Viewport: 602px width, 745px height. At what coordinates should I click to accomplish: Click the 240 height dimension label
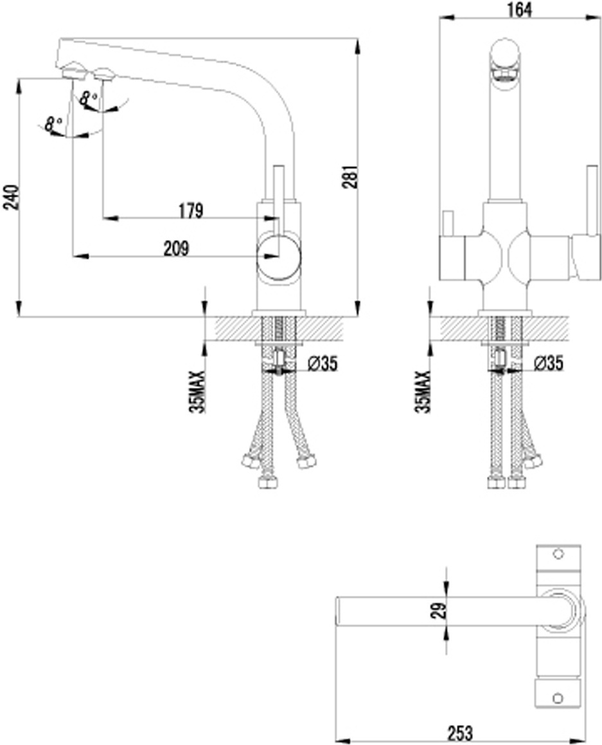tap(11, 197)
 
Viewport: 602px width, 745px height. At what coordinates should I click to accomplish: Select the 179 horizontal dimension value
tap(191, 210)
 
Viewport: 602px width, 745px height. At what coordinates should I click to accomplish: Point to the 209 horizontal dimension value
tap(176, 248)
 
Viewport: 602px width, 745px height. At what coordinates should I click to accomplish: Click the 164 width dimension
tap(519, 10)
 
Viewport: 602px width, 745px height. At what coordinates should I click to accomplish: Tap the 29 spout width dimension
tap(441, 610)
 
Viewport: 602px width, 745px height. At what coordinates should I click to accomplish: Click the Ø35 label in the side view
tap(322, 364)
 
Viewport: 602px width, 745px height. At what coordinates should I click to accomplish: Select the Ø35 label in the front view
tap(549, 363)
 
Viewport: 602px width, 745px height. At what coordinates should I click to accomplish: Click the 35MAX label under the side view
tap(197, 392)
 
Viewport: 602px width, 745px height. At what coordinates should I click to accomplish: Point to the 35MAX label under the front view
tap(423, 392)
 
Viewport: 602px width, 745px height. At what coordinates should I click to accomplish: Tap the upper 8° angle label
tap(88, 98)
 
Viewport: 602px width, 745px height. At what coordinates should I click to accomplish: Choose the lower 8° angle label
tap(53, 125)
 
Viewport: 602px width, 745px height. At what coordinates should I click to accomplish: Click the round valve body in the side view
tap(279, 257)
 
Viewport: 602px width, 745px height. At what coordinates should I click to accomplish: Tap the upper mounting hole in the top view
tap(558, 554)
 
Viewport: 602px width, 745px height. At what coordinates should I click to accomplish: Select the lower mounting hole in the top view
tap(558, 699)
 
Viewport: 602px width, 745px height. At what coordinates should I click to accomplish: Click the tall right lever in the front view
tap(592, 200)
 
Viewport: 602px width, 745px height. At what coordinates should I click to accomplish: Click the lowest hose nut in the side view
tap(268, 483)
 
